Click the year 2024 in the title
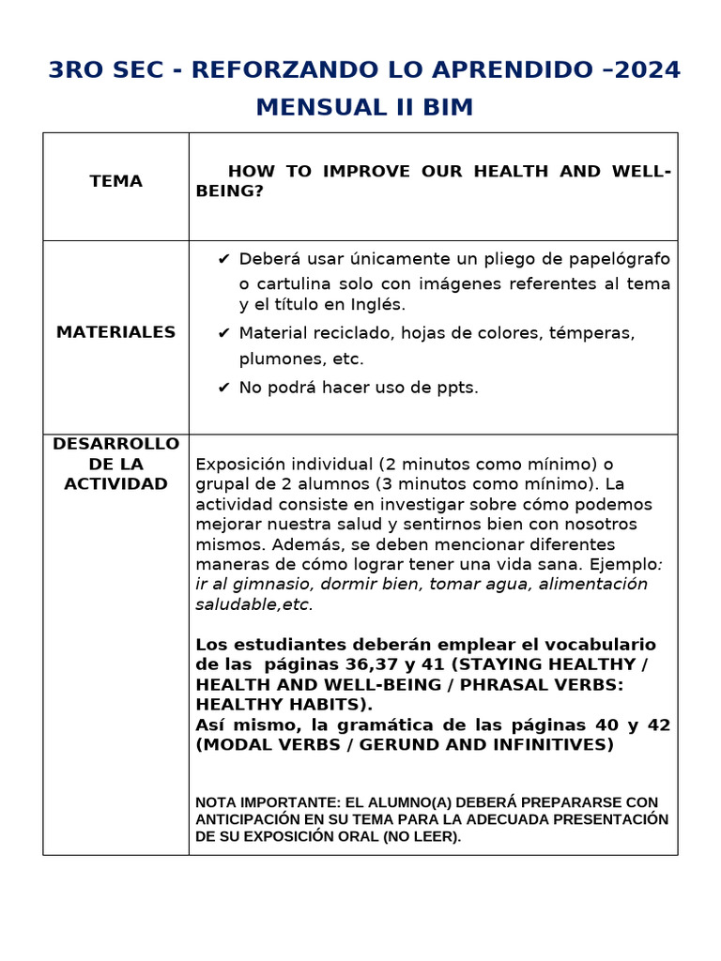(x=647, y=70)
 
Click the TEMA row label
(x=116, y=181)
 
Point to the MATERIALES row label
(x=116, y=332)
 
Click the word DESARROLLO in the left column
(x=116, y=443)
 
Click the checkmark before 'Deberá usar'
(x=223, y=259)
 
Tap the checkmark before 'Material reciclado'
(x=223, y=333)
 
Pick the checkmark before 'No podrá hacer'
(x=223, y=388)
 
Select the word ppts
(x=455, y=388)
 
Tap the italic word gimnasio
(x=268, y=584)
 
